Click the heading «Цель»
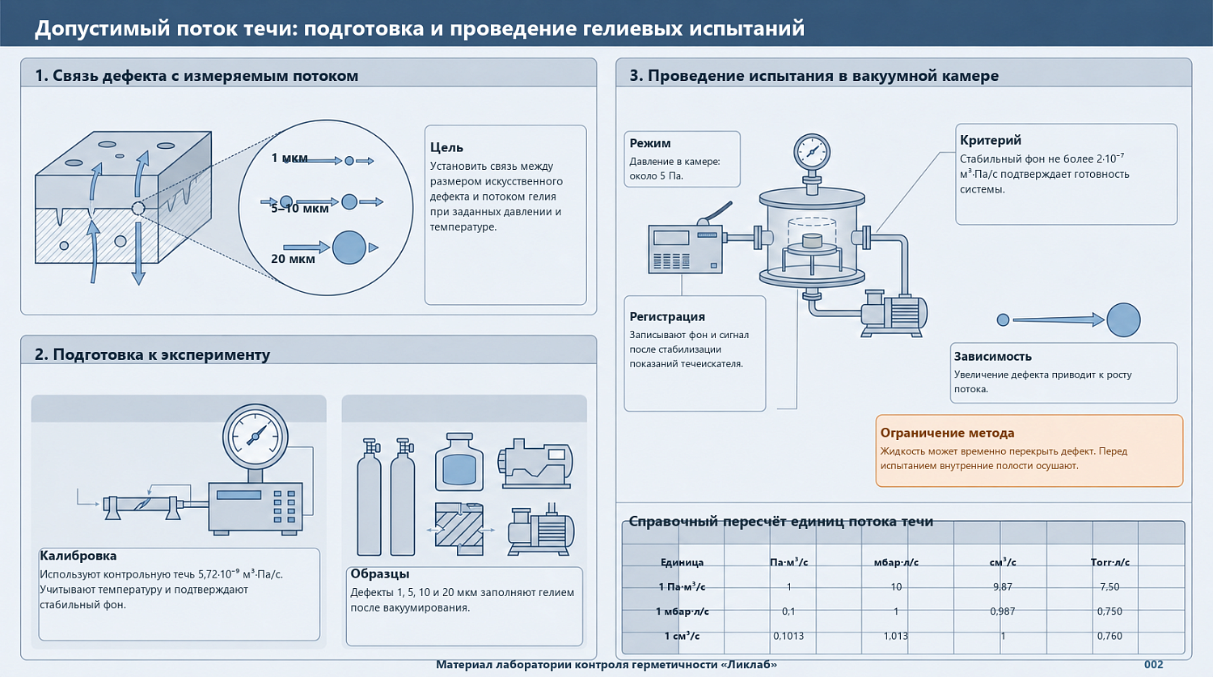click(x=446, y=147)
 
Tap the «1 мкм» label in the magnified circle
click(x=290, y=158)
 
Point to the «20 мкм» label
click(x=293, y=259)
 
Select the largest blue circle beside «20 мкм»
click(x=349, y=248)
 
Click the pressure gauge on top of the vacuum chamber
click(x=812, y=151)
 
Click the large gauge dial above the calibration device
click(x=255, y=436)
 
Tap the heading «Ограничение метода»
click(x=947, y=433)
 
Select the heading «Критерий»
click(x=991, y=140)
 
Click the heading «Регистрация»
click(x=667, y=317)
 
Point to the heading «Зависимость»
click(x=992, y=357)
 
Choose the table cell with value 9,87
click(x=1003, y=586)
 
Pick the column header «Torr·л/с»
click(x=1109, y=562)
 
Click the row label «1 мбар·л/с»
click(x=682, y=611)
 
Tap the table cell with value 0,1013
click(x=788, y=636)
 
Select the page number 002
click(x=1153, y=665)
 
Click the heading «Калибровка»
click(x=78, y=556)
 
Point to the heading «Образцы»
click(x=379, y=574)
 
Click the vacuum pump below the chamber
click(x=894, y=314)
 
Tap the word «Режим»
click(x=650, y=143)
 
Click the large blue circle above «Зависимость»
click(x=1123, y=319)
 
